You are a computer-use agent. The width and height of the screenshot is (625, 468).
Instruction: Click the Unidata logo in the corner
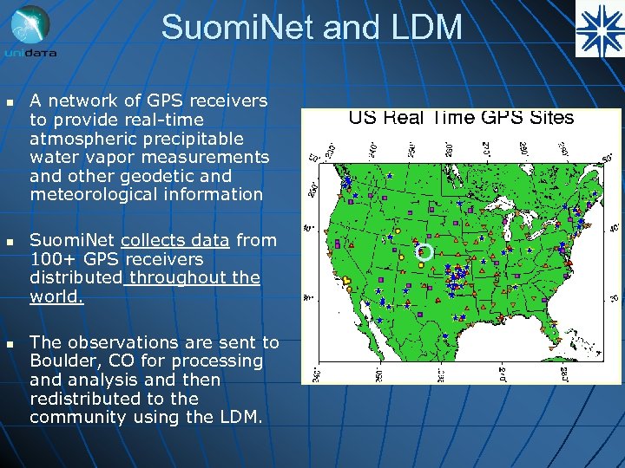(30, 31)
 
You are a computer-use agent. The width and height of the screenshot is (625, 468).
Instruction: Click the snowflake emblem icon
(599, 29)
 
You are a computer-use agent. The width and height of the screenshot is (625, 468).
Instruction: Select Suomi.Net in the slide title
(240, 28)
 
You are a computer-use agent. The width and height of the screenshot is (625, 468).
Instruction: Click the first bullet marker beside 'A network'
(10, 102)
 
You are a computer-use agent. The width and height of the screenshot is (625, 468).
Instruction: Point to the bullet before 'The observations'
(10, 343)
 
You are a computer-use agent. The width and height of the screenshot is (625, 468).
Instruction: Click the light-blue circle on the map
(424, 252)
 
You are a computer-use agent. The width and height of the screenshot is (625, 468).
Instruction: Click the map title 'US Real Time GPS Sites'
(461, 118)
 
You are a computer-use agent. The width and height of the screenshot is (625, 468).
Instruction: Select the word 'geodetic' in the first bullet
(161, 176)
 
